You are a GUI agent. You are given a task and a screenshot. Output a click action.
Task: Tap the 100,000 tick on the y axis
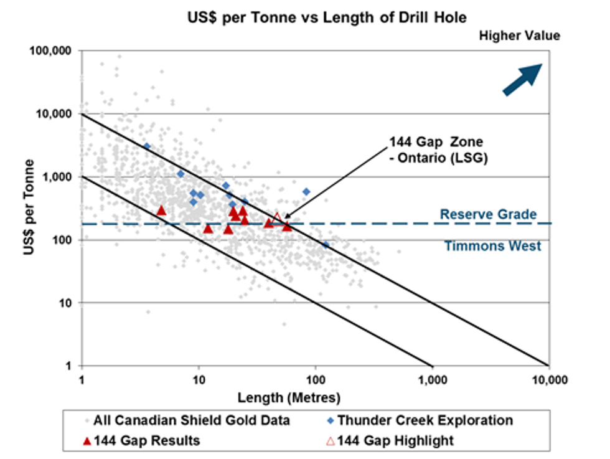[x=52, y=50]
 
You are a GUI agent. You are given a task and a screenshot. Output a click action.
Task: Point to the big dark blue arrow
[x=522, y=80]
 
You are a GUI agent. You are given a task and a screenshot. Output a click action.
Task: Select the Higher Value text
[x=520, y=36]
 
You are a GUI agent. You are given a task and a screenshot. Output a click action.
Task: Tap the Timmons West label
[x=492, y=246]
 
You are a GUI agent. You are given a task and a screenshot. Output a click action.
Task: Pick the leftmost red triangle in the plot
[x=161, y=211]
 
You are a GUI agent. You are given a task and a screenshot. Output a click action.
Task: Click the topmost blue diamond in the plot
[x=147, y=146]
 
